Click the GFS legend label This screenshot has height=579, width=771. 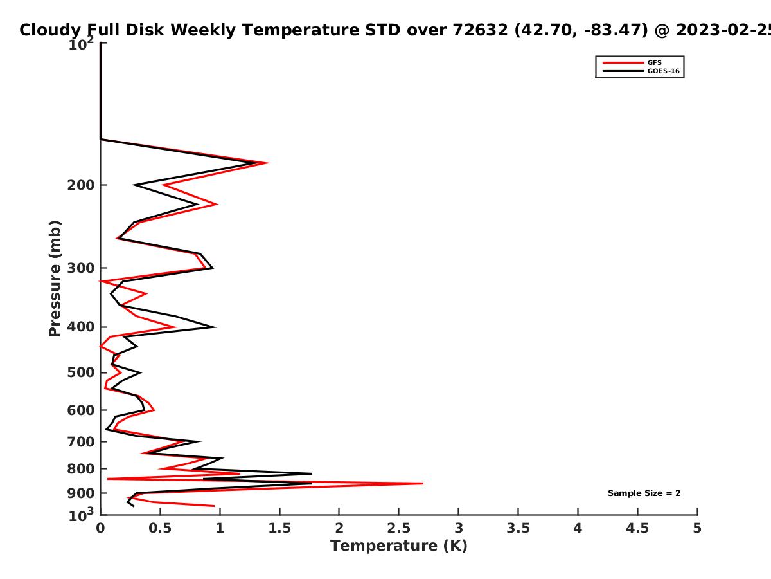(654, 63)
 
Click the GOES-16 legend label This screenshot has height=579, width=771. (664, 71)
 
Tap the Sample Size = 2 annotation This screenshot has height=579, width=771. (644, 493)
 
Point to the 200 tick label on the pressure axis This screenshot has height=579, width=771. (81, 185)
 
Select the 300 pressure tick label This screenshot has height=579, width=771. (81, 268)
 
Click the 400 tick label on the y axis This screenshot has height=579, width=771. (81, 327)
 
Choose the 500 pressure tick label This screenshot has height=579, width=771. (81, 372)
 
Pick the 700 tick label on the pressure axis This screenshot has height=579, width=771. (81, 441)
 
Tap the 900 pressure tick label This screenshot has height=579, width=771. (81, 493)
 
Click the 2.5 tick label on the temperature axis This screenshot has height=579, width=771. (399, 528)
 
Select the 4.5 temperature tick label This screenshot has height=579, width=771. (637, 528)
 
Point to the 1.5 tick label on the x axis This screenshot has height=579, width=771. (279, 528)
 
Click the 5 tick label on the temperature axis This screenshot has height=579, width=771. (697, 528)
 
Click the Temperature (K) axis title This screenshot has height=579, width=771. (399, 546)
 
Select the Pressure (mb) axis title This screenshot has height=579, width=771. (55, 279)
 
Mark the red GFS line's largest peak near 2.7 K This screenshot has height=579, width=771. (423, 483)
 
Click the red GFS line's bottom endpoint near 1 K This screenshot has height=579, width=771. (214, 506)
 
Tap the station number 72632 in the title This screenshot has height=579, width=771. (480, 30)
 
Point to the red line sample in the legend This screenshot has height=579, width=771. (623, 63)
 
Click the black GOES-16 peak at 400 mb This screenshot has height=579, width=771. (215, 327)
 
